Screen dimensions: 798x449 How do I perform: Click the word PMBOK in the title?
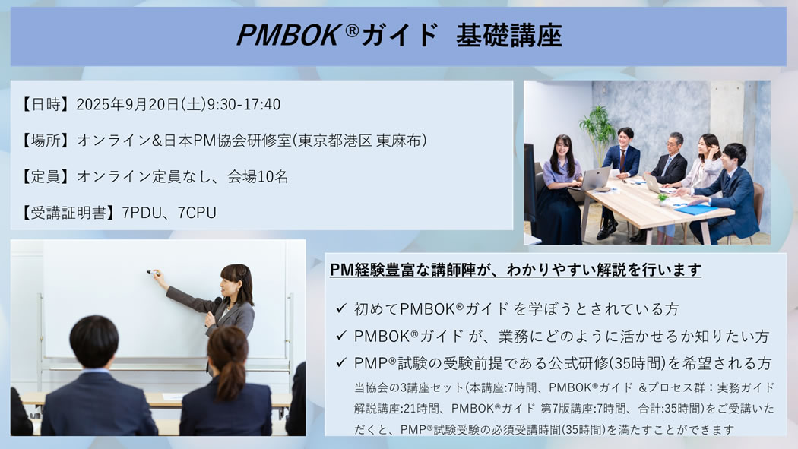[288, 35]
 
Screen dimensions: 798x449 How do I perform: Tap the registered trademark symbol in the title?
[352, 31]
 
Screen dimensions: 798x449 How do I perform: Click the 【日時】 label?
[44, 104]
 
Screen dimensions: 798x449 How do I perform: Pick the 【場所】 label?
[44, 141]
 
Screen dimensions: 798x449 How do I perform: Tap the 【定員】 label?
[44, 176]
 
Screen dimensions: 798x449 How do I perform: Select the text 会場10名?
[258, 176]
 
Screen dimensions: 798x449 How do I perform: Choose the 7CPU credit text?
[197, 213]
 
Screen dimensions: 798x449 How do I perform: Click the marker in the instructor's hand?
[153, 273]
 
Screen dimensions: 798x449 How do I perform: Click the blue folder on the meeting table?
[695, 210]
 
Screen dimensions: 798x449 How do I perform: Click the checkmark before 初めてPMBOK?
[341, 308]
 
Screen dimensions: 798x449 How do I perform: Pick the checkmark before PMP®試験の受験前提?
[341, 362]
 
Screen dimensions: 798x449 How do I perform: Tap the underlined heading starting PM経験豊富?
[515, 270]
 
